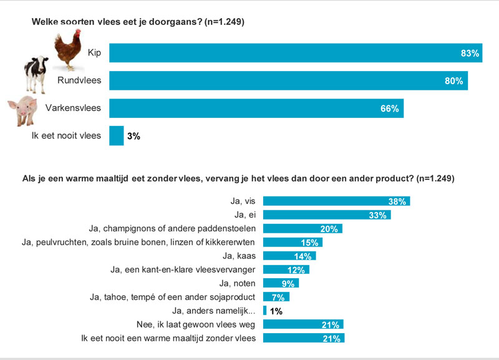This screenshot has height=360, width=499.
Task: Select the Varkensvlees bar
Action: point(256,108)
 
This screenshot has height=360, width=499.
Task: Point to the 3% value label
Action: point(133,135)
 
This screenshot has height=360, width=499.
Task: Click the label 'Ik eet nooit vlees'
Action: point(65,135)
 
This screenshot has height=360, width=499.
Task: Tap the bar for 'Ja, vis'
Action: point(336,201)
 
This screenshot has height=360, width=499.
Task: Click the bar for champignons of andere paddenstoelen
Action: point(303,228)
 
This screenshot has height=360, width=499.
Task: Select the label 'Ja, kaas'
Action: point(240,256)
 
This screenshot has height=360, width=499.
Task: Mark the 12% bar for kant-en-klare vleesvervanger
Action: point(286,270)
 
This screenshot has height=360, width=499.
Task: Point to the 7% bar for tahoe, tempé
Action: point(276,297)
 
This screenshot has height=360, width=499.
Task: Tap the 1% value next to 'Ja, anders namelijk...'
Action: point(276,311)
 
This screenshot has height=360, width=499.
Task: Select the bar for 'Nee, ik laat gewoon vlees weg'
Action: point(303,324)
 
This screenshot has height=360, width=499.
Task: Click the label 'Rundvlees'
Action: point(79,80)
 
